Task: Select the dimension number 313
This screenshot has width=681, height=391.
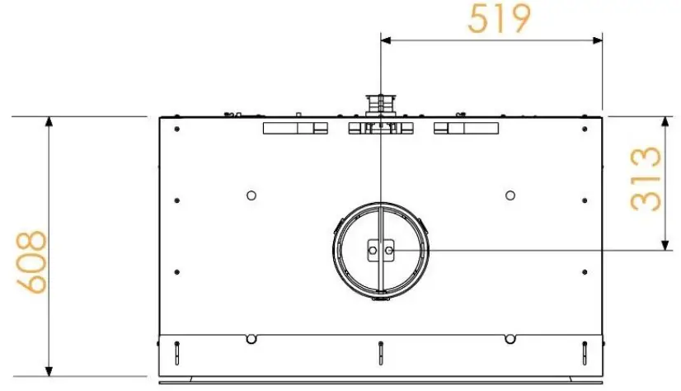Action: pos(646,180)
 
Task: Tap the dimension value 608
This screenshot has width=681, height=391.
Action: pos(34,262)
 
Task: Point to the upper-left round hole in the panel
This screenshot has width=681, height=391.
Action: pos(251,195)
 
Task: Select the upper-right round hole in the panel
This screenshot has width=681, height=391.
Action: pos(510,195)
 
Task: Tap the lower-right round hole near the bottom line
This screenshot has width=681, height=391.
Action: pos(510,337)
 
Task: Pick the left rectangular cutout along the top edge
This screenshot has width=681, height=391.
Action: pos(294,128)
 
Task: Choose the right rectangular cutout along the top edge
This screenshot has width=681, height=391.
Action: pos(466,128)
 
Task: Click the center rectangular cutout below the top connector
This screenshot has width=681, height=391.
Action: pos(379,128)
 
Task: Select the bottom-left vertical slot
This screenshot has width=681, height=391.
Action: pos(177,352)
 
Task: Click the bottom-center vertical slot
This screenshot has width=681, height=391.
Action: pos(380,352)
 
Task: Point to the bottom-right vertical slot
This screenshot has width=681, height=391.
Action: pos(584,352)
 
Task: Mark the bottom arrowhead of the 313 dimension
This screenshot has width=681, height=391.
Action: pos(665,243)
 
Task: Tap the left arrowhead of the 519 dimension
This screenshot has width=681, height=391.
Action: pos(385,38)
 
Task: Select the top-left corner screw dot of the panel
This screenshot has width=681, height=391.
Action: pos(176,128)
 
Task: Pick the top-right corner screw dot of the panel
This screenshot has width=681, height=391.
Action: pos(584,128)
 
